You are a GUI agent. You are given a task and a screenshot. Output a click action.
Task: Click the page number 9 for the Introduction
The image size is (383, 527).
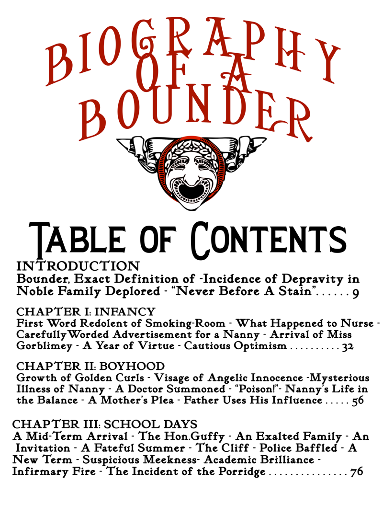(355, 292)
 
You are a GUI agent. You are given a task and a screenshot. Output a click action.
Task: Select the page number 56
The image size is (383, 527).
(358, 401)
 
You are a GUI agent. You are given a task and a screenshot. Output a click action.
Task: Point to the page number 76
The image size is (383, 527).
(356, 472)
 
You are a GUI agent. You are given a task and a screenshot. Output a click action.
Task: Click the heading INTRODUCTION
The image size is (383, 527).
(78, 265)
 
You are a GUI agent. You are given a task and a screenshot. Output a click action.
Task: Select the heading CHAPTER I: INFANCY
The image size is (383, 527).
(86, 312)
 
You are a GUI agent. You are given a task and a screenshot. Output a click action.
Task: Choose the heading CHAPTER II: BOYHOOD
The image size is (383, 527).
(90, 367)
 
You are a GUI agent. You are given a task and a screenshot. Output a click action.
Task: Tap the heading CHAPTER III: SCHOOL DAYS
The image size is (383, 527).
(104, 424)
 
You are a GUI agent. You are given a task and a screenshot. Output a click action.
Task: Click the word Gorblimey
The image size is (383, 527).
(41, 346)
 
